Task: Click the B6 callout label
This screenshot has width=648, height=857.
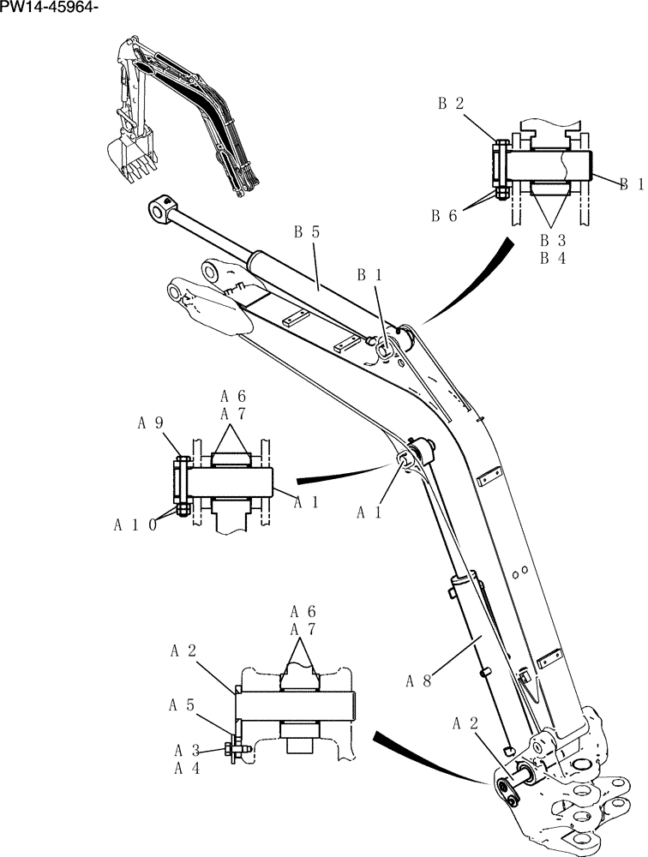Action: pyautogui.click(x=444, y=216)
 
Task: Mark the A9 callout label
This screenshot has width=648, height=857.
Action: pyautogui.click(x=151, y=423)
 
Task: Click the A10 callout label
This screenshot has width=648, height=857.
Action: pyautogui.click(x=135, y=524)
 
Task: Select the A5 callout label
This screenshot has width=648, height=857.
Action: pyautogui.click(x=180, y=705)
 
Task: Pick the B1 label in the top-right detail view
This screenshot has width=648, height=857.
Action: pyautogui.click(x=631, y=183)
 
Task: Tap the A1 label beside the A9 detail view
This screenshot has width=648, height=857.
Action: pyautogui.click(x=306, y=503)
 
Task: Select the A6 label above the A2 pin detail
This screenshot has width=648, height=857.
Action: pyautogui.click(x=303, y=612)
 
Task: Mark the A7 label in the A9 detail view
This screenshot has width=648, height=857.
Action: pyautogui.click(x=232, y=415)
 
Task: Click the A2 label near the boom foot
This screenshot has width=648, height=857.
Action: pyautogui.click(x=465, y=724)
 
